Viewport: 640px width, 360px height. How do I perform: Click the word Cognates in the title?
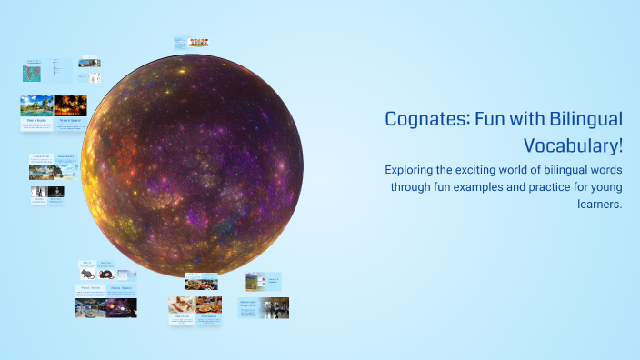point(423,119)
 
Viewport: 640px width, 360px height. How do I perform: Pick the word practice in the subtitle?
point(536,187)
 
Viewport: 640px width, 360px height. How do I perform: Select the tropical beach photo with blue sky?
point(36,105)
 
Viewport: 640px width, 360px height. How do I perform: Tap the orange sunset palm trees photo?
point(71,105)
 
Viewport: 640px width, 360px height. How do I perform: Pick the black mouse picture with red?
point(105,273)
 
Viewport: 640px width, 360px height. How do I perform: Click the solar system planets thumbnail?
point(120,307)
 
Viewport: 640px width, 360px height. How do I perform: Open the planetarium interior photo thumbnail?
point(91,307)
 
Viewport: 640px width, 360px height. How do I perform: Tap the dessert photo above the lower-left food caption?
point(182,304)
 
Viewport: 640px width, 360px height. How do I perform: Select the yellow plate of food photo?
point(209,304)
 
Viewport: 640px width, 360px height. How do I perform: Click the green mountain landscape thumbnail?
point(255,281)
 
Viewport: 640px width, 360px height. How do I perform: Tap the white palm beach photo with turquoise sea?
point(42,171)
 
